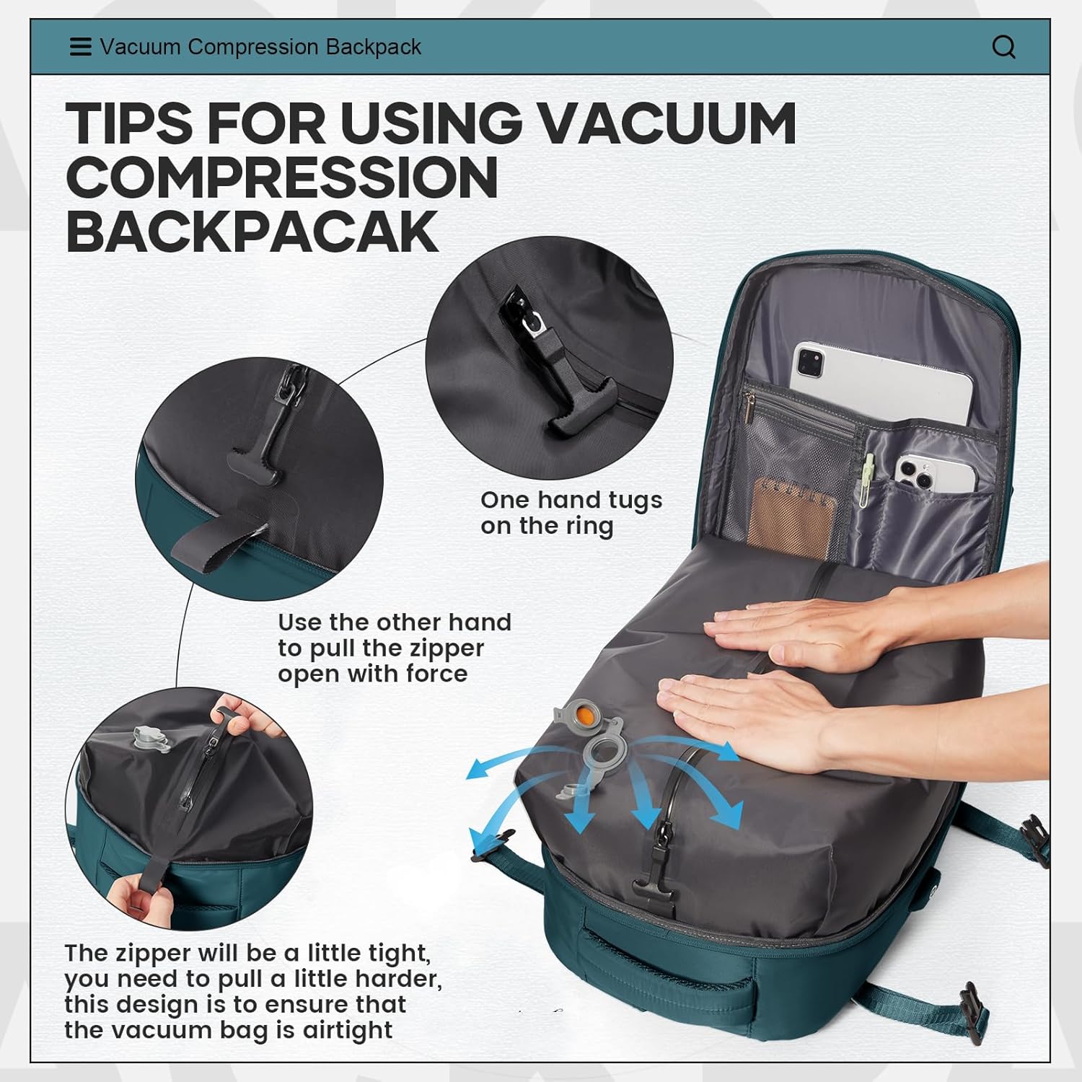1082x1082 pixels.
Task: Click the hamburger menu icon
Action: click(x=80, y=47)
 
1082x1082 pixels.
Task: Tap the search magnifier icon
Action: click(x=1004, y=48)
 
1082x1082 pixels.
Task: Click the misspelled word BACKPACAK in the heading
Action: click(x=252, y=232)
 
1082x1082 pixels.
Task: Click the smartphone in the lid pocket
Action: click(x=935, y=474)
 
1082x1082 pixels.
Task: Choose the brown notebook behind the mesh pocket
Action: click(x=793, y=515)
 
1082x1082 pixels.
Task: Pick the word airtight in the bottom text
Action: click(x=348, y=1031)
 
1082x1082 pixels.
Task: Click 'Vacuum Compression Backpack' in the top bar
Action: click(x=260, y=47)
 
